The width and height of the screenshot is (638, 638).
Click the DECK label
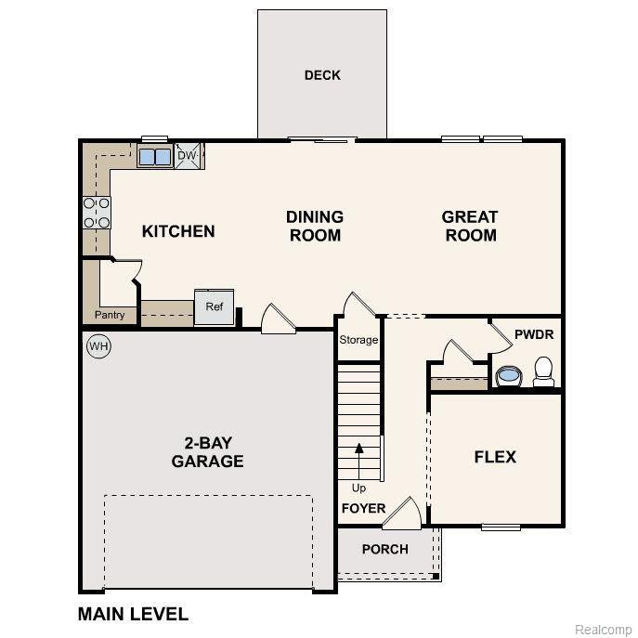322,75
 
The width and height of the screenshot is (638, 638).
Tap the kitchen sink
154,157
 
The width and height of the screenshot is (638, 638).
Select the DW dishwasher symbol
188,155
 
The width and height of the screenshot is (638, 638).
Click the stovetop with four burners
97,213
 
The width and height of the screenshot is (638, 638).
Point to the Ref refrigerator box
215,307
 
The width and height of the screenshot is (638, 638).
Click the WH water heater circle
98,346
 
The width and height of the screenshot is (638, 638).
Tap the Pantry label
110,315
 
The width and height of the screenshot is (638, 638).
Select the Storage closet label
358,340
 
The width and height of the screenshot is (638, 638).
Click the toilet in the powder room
543,371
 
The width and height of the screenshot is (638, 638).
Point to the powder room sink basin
509,375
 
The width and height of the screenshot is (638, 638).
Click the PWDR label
534,335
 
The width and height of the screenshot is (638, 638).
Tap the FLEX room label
495,457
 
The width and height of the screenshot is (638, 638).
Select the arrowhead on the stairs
358,448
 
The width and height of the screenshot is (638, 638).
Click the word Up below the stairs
358,488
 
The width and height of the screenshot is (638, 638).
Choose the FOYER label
363,509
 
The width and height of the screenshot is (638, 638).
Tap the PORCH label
384,549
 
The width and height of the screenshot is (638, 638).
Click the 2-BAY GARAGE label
207,452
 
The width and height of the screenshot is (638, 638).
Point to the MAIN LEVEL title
133,614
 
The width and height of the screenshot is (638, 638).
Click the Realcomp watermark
603,630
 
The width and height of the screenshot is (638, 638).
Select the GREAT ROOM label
470,227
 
